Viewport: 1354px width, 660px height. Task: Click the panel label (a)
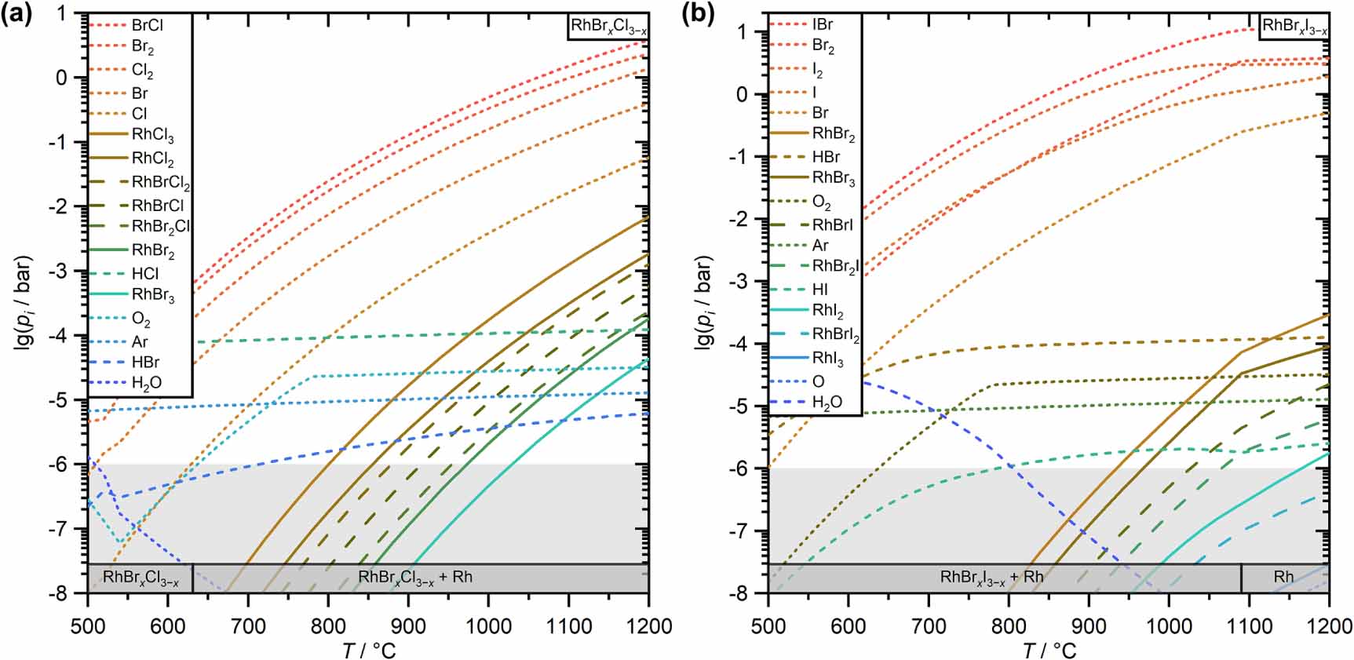[x=16, y=14]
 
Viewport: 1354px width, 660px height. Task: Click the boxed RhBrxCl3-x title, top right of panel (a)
[x=608, y=27]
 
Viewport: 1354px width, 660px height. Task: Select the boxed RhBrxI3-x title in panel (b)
[x=1294, y=27]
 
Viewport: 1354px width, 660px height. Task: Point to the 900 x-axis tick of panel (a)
[x=407, y=626]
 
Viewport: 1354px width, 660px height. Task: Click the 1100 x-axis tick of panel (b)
[x=1249, y=626]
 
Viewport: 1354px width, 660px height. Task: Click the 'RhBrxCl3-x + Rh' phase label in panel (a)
[x=415, y=578]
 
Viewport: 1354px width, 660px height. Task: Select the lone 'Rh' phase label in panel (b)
[x=1283, y=577]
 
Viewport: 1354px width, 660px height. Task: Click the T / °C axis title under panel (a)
[x=368, y=649]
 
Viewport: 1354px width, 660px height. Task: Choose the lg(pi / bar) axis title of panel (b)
[x=703, y=302]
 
